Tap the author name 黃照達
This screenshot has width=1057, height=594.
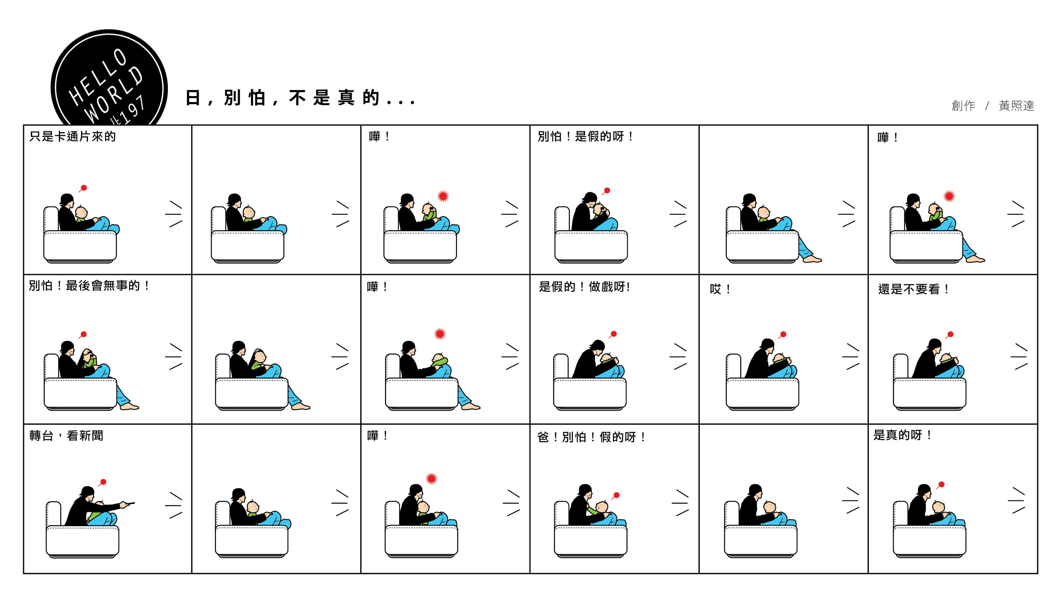(1016, 106)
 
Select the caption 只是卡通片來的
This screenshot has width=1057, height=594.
(73, 137)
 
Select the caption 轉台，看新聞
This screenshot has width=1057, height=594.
(66, 436)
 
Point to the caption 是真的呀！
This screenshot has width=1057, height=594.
(902, 435)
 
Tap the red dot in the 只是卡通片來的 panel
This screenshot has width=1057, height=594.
(84, 188)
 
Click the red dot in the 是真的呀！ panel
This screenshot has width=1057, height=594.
(942, 484)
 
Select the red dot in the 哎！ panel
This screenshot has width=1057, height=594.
(783, 334)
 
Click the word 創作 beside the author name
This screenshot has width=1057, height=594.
(963, 106)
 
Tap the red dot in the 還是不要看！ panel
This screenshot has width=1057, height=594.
(951, 334)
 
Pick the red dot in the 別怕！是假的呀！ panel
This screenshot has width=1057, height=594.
(607, 190)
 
